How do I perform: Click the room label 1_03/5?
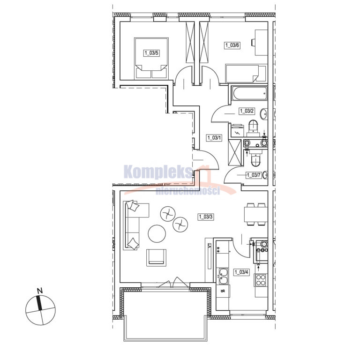coord(151,53)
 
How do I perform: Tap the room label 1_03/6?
coord(232,45)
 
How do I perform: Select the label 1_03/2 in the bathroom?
coord(247,111)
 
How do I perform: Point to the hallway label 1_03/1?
coord(214,138)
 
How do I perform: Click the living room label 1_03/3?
coord(206,217)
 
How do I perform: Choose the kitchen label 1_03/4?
coord(241,272)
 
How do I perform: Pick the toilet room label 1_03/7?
coord(254,175)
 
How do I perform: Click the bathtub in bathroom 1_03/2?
coord(249,93)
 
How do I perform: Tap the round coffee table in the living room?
coord(157,233)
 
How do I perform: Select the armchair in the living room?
coord(157,258)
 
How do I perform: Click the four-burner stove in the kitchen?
coord(261,280)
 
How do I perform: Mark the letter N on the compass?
coord(40,291)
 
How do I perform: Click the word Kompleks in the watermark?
coord(158,172)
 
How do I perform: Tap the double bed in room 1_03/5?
coord(151,58)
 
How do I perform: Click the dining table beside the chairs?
coord(256,214)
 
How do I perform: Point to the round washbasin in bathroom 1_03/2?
coord(264,114)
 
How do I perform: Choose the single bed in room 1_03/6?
coord(246,74)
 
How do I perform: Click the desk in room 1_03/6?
coord(261,43)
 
